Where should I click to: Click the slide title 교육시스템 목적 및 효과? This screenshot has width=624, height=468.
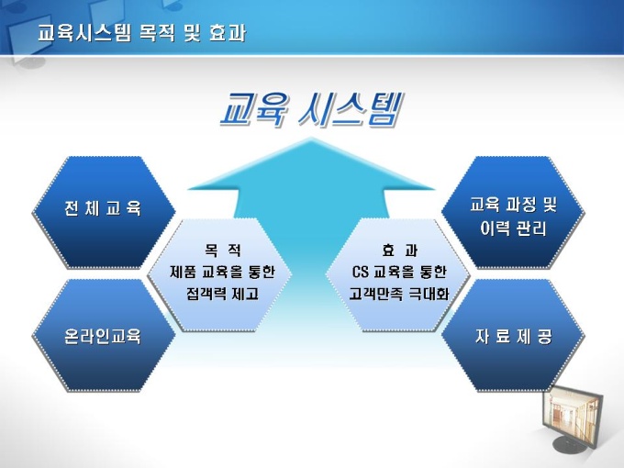point(142,33)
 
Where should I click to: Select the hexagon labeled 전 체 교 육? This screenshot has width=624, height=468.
point(104,213)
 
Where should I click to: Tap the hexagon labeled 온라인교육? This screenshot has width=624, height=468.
point(104,336)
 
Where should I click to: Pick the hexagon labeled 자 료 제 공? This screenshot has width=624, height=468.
point(513,336)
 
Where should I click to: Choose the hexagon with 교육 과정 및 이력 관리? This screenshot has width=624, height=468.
point(513,213)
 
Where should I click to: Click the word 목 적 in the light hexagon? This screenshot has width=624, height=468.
point(223,251)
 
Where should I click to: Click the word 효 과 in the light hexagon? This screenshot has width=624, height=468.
point(399,251)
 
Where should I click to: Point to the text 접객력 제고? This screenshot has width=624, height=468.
point(222,294)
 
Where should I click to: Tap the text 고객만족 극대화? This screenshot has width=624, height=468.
point(399,294)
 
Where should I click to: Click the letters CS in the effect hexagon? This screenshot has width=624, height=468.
point(360,273)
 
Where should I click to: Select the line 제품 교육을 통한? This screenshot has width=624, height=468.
point(222,273)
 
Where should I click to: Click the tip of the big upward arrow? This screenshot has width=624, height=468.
point(311,138)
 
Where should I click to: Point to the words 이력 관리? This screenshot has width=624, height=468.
point(513,228)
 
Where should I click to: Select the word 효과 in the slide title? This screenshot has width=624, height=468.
point(228,33)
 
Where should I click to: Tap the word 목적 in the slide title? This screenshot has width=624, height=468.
point(157,33)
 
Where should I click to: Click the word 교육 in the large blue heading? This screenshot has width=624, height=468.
point(254,109)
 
